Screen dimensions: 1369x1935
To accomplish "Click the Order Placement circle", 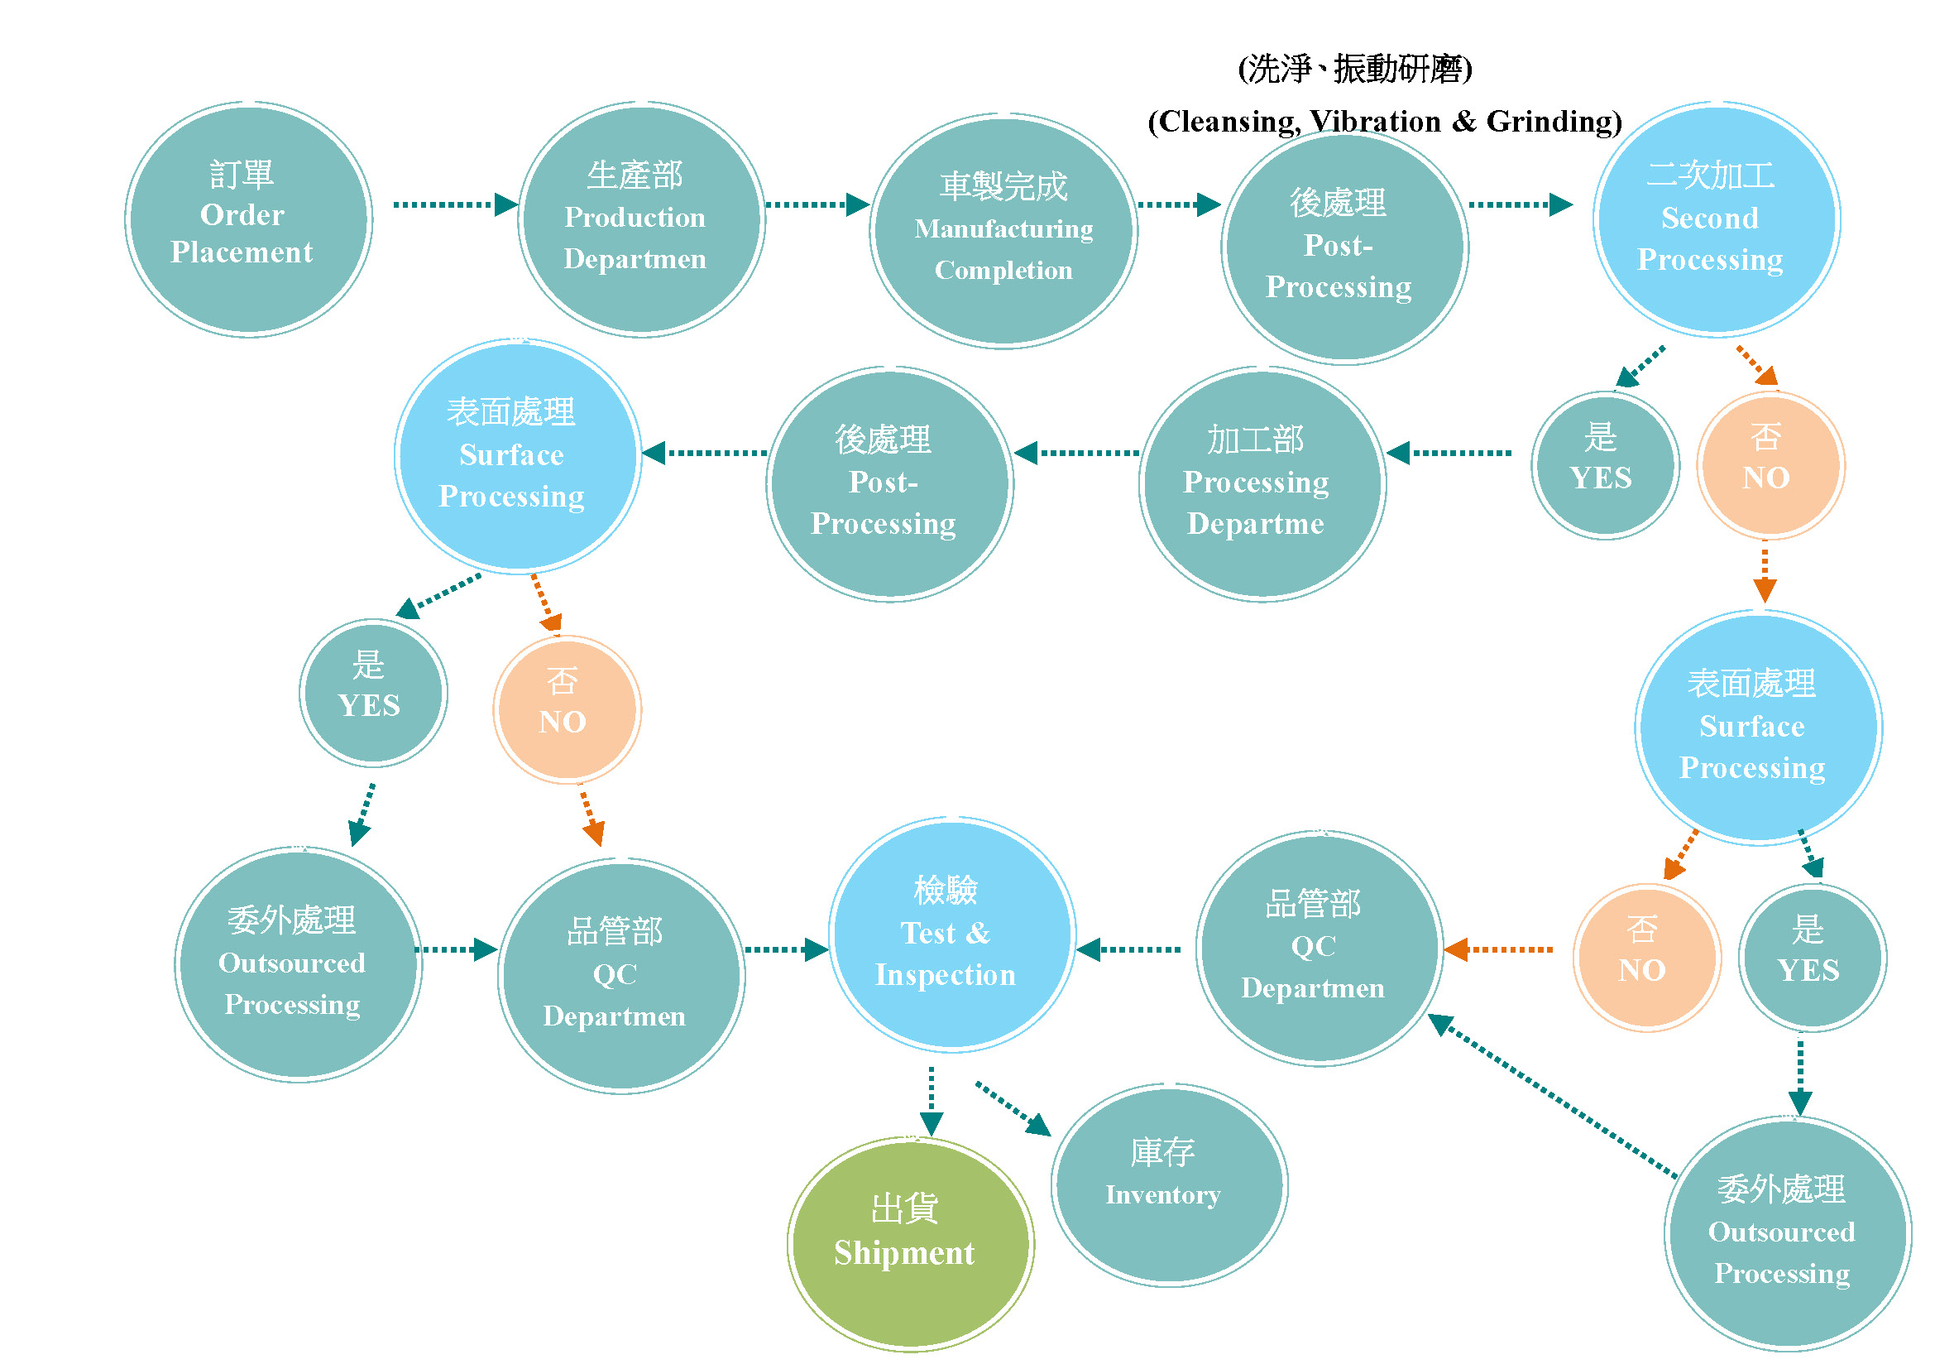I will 249,220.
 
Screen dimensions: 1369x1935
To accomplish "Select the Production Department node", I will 641,220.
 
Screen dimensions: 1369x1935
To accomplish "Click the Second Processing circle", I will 1716,220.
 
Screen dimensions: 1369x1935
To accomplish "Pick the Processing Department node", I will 1262,485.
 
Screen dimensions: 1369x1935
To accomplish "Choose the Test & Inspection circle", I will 951,934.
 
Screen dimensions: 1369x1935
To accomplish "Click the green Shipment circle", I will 910,1244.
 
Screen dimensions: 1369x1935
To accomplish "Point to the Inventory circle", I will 1169,1185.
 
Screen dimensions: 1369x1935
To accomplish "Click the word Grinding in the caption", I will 1554,122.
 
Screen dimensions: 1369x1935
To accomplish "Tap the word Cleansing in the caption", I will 1228,122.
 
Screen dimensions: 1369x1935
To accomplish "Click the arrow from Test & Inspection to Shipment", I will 931,1100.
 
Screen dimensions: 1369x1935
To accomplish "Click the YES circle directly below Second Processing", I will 1605,465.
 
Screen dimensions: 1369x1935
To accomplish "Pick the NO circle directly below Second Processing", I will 1770,465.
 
